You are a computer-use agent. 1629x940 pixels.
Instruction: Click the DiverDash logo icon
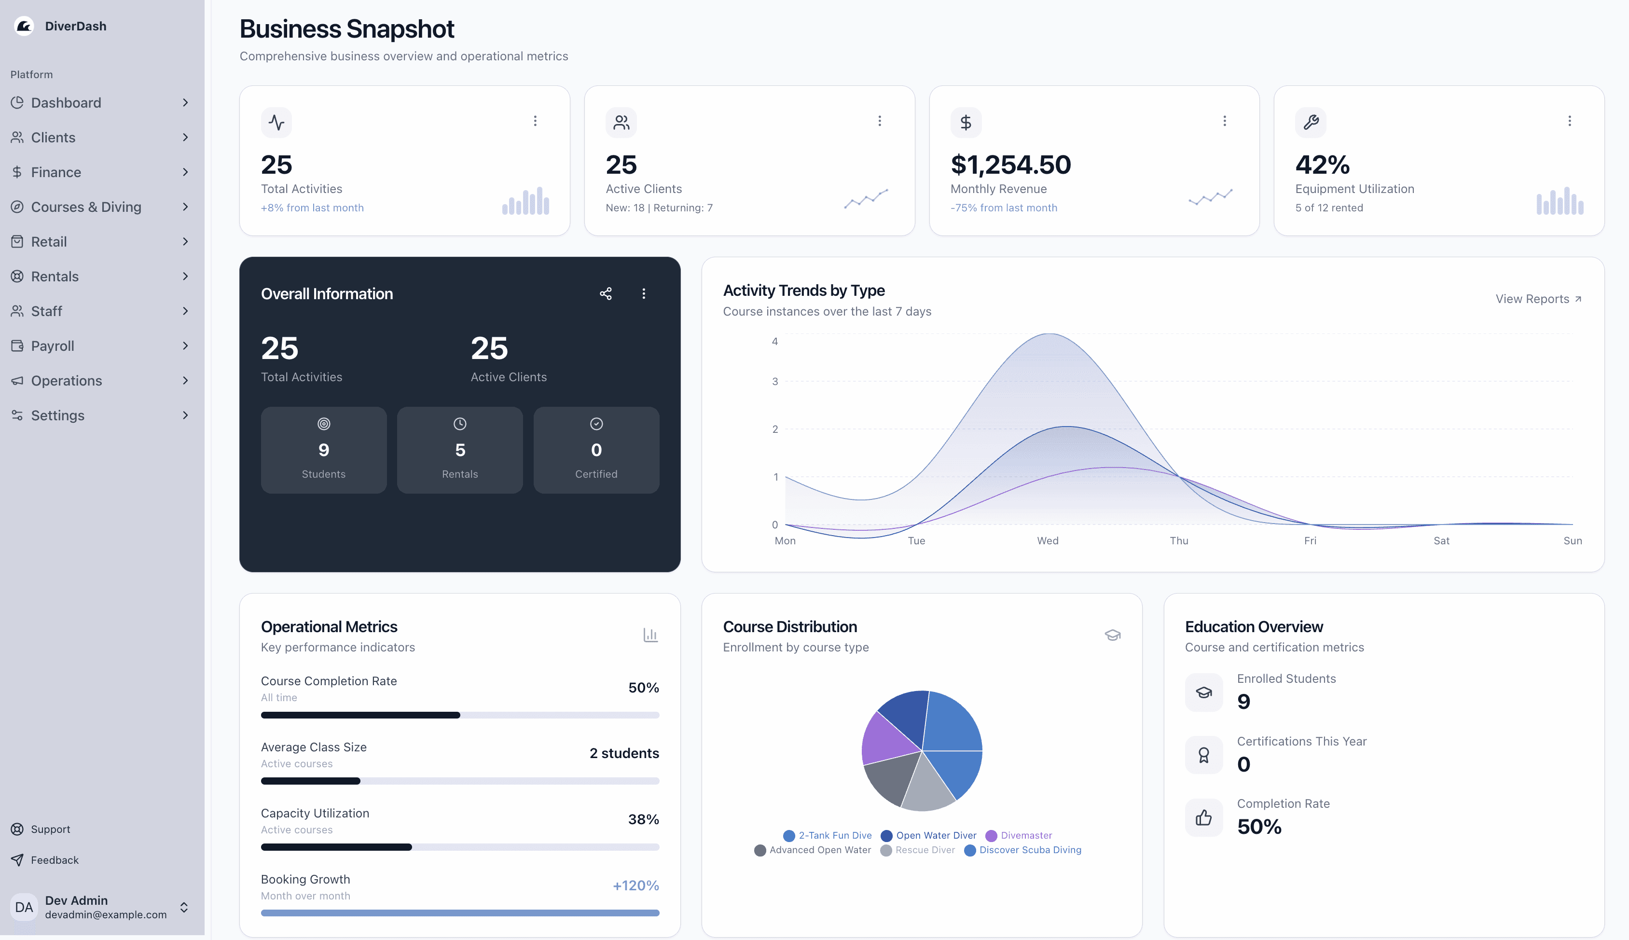click(24, 26)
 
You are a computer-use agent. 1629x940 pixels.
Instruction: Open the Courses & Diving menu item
click(86, 207)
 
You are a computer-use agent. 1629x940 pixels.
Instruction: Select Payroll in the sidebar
click(52, 346)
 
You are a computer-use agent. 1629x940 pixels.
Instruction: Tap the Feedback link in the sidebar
click(54, 860)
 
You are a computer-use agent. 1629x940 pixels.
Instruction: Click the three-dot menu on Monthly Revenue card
click(1224, 121)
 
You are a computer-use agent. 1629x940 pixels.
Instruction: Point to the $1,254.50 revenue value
click(1010, 165)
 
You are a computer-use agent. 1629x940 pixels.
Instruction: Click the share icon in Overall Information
click(606, 294)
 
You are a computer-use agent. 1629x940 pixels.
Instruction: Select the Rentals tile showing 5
click(459, 450)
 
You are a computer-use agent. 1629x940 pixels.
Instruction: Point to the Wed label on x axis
click(1048, 540)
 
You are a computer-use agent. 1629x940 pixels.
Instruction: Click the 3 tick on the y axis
click(774, 382)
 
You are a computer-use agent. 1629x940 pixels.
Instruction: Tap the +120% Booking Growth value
click(635, 885)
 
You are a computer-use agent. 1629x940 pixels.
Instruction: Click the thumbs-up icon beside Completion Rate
click(1203, 818)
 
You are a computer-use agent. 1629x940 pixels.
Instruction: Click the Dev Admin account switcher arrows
click(184, 907)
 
